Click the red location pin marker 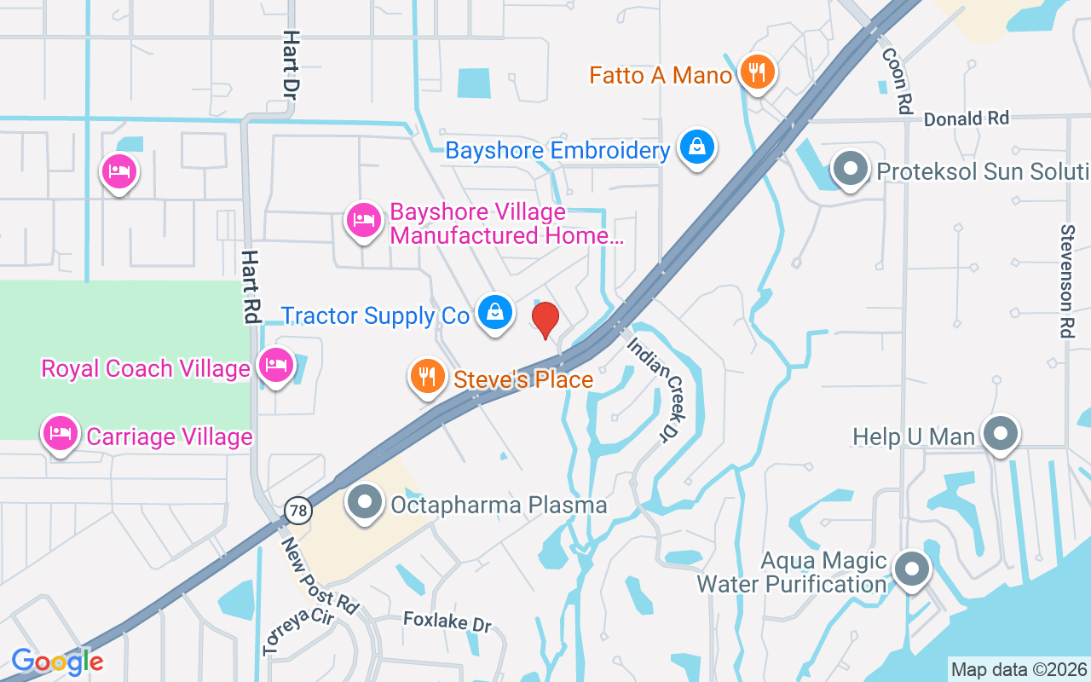(545, 319)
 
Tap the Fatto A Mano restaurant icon (756, 72)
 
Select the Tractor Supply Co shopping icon (494, 313)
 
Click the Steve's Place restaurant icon (427, 376)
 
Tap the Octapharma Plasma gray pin (366, 502)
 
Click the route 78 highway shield (298, 510)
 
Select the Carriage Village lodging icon (60, 434)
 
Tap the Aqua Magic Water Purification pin (912, 569)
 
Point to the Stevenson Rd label (1066, 281)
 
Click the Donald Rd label (966, 118)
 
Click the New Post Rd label (320, 575)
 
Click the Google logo (57, 661)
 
